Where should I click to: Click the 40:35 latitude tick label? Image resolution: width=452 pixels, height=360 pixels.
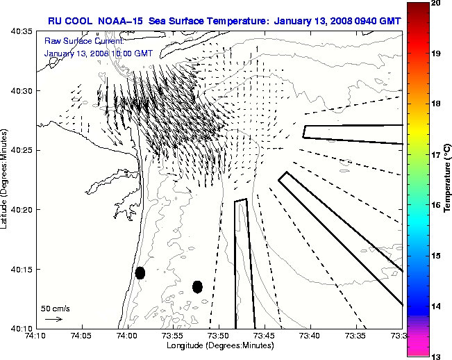pos(20,31)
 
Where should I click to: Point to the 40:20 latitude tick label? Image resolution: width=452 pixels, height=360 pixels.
pos(20,209)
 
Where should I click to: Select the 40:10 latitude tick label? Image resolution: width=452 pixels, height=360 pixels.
pos(20,328)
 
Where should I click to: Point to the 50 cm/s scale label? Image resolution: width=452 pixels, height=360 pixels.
pos(55,308)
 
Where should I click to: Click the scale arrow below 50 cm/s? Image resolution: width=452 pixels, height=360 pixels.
pos(53,319)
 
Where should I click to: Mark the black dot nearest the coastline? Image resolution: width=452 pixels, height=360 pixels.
pos(140,272)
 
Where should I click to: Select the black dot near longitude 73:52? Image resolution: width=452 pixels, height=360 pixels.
pos(197,286)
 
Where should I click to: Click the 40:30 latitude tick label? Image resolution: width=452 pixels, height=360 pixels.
pos(20,91)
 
